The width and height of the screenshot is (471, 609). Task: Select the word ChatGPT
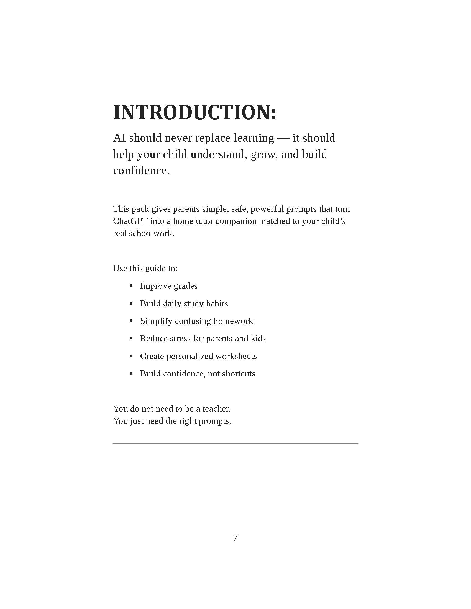click(130, 221)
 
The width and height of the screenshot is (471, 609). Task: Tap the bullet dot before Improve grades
click(131, 286)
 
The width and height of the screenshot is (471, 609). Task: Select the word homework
click(233, 321)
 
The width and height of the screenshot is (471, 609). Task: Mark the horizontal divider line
click(235, 444)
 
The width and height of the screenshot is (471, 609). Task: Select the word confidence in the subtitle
click(141, 170)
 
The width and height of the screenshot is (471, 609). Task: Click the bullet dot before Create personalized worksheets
click(131, 356)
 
